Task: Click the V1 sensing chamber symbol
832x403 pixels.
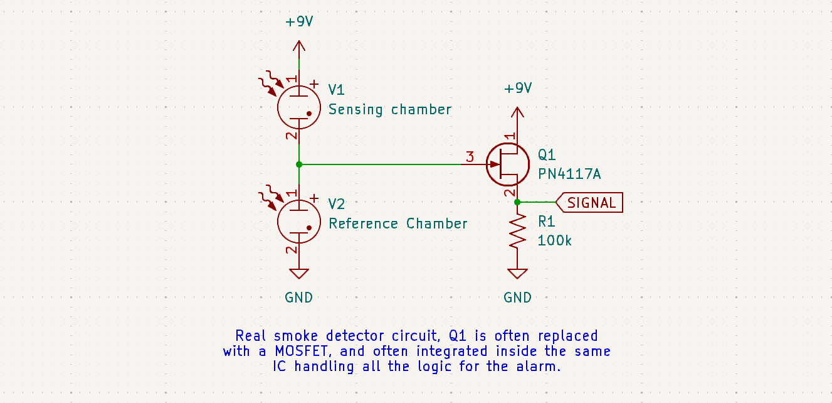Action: pyautogui.click(x=299, y=107)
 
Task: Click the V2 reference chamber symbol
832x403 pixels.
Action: pyautogui.click(x=299, y=221)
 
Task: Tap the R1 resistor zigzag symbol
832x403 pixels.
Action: pyautogui.click(x=517, y=231)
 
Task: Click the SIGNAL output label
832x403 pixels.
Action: pyautogui.click(x=591, y=203)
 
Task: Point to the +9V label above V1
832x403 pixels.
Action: pyautogui.click(x=299, y=22)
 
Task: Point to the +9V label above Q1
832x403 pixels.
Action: pyautogui.click(x=518, y=89)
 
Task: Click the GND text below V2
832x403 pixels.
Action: pyautogui.click(x=299, y=298)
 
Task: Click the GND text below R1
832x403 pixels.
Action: pyautogui.click(x=518, y=298)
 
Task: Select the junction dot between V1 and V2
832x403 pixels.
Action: pyautogui.click(x=299, y=164)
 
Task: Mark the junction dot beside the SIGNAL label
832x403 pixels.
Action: pyautogui.click(x=517, y=202)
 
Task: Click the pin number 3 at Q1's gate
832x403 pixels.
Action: pyautogui.click(x=470, y=157)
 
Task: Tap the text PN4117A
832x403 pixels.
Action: pyautogui.click(x=569, y=174)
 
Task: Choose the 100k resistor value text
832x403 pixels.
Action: pyautogui.click(x=555, y=240)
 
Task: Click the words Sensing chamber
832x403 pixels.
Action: pyautogui.click(x=390, y=109)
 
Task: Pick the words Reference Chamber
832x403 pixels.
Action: pyautogui.click(x=398, y=223)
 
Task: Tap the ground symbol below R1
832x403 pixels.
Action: pyautogui.click(x=517, y=274)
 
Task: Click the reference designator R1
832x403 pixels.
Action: pyautogui.click(x=547, y=222)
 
